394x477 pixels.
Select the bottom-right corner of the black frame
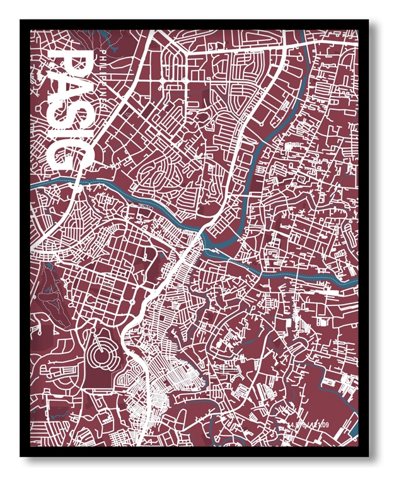point(368,456)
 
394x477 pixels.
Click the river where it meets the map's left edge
point(32,185)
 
